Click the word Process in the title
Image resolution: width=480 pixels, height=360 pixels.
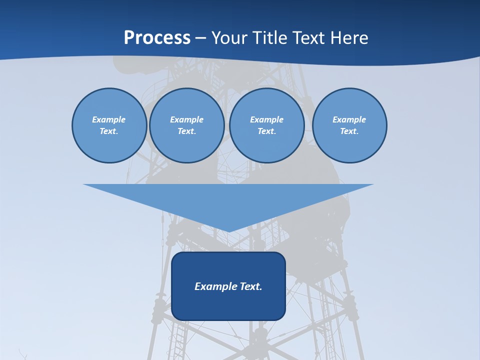point(157,38)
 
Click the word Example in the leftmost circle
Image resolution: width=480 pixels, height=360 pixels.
point(109,119)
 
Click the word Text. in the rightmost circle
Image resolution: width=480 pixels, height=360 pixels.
point(349,131)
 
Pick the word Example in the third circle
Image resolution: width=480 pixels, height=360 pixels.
point(266,119)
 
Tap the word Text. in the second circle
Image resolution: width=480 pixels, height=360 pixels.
point(186,131)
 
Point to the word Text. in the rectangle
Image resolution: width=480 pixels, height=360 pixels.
point(251,286)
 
